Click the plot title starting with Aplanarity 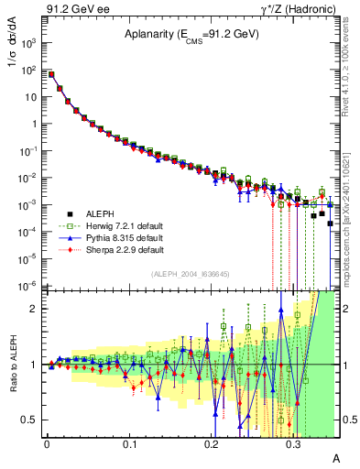click(x=192, y=34)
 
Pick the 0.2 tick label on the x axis click(x=211, y=443)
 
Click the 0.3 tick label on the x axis click(x=293, y=443)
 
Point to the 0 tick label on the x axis click(x=46, y=443)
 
